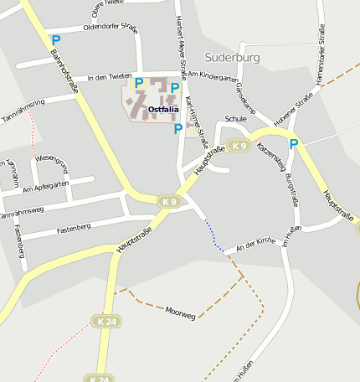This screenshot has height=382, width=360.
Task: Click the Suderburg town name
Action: (x=232, y=58)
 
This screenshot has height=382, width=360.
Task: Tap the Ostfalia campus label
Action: (x=163, y=109)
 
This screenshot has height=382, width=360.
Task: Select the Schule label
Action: (x=236, y=119)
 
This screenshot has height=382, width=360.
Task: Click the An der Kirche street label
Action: (x=256, y=244)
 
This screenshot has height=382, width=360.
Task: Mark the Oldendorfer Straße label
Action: (x=111, y=27)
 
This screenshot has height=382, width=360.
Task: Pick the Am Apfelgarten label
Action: (x=47, y=189)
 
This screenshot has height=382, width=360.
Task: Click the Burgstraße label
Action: (x=291, y=190)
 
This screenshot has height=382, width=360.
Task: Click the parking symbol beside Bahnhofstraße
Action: (x=55, y=39)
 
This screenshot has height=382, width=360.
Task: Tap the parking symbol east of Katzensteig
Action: (x=294, y=144)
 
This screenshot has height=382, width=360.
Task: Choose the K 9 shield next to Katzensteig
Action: (x=239, y=147)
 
